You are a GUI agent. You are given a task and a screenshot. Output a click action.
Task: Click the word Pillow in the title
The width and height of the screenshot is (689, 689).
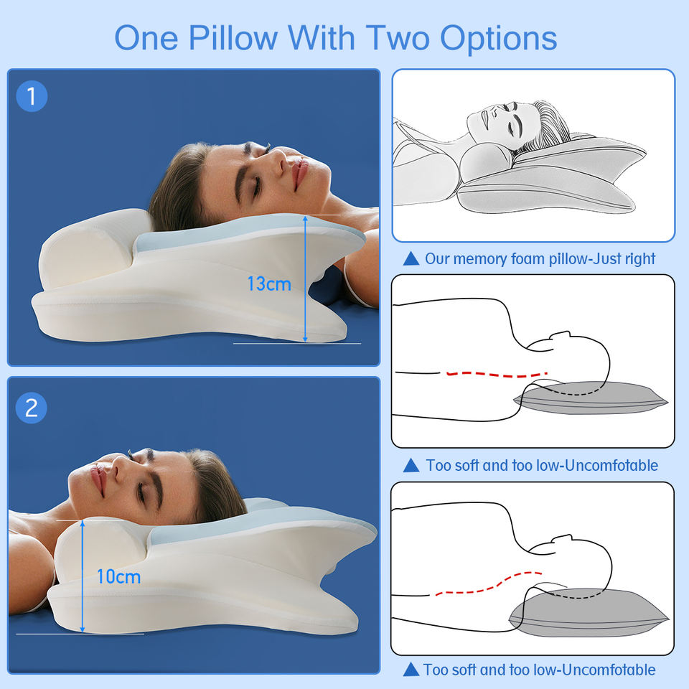233,38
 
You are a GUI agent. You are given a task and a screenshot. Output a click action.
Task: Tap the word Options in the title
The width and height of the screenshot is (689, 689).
498,39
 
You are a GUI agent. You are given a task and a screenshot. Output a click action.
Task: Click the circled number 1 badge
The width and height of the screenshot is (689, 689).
32,96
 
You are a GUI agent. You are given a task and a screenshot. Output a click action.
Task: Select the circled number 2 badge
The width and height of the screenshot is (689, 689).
32,408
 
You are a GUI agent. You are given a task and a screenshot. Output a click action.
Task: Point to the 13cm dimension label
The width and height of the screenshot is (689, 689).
269,284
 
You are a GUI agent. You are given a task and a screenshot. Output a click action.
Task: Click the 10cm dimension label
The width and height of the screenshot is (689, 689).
118,576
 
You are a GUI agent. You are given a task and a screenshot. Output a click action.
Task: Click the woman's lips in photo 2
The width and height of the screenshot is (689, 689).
98,479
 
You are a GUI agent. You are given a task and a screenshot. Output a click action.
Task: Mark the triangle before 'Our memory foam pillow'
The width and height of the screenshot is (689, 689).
411,258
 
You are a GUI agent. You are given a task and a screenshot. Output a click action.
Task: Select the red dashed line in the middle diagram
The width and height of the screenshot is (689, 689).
497,375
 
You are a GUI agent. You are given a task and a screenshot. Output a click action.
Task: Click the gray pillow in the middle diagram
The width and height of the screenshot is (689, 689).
591,398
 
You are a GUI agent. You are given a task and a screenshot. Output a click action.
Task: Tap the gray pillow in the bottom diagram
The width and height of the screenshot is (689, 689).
589,612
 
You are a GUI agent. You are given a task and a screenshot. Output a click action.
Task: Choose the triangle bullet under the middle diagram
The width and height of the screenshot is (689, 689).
411,465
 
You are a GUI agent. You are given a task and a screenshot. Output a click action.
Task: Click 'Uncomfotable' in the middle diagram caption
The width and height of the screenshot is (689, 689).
611,465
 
